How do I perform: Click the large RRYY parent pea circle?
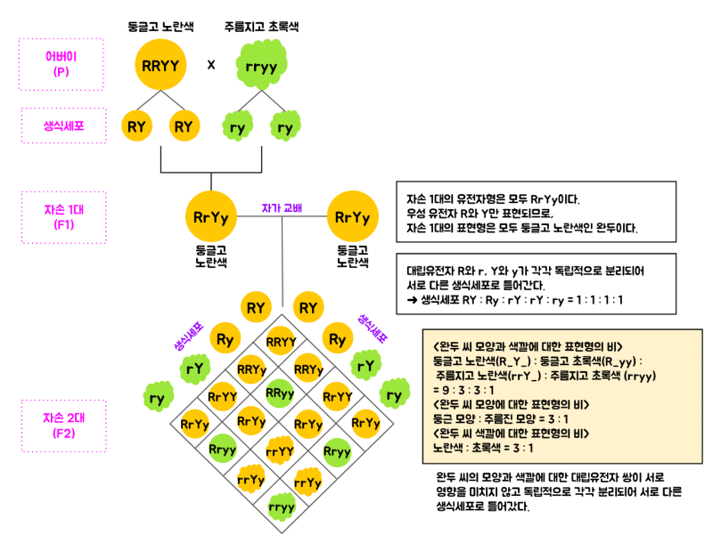[160, 64]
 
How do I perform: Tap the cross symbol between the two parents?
[211, 65]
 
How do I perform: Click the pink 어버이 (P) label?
[61, 64]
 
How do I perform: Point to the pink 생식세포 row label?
[63, 126]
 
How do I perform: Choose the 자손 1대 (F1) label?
[63, 217]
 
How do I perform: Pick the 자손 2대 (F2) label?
[63, 426]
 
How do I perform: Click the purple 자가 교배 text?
[282, 208]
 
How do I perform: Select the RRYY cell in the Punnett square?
[281, 342]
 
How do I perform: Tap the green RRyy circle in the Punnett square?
[280, 393]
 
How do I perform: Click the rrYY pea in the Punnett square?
[280, 451]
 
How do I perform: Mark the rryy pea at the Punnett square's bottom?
[282, 507]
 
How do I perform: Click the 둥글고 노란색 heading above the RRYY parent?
[160, 27]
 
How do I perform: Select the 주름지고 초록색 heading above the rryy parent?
[261, 27]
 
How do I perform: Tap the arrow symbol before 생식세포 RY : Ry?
[412, 300]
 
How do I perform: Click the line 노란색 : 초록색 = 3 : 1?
[483, 448]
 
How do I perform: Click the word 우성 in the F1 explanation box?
[416, 213]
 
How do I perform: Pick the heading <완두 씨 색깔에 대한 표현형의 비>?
[511, 434]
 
